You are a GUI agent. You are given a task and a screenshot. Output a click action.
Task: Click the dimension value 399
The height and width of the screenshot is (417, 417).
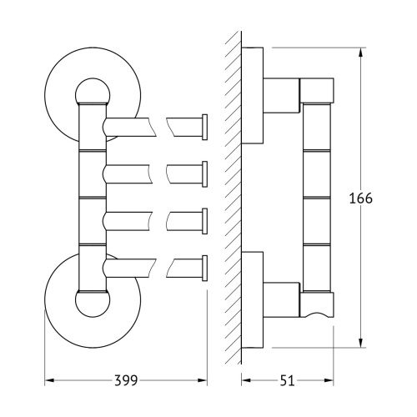pos(126,380)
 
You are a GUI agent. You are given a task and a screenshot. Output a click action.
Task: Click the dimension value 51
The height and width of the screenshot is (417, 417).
pos(287,380)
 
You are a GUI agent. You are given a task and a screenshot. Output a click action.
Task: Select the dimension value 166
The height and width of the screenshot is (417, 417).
pos(360,198)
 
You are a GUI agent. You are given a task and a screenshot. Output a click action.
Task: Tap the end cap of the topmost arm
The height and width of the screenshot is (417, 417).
pos(204,127)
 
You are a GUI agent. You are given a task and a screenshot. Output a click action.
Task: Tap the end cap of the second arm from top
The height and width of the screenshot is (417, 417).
pos(204,174)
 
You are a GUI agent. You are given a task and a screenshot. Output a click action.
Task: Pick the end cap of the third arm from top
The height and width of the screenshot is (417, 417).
pos(204,221)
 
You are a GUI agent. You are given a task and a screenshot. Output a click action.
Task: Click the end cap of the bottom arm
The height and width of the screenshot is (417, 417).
pos(204,268)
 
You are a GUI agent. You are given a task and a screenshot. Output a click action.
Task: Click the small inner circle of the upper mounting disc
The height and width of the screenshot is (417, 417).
pos(93,81)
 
